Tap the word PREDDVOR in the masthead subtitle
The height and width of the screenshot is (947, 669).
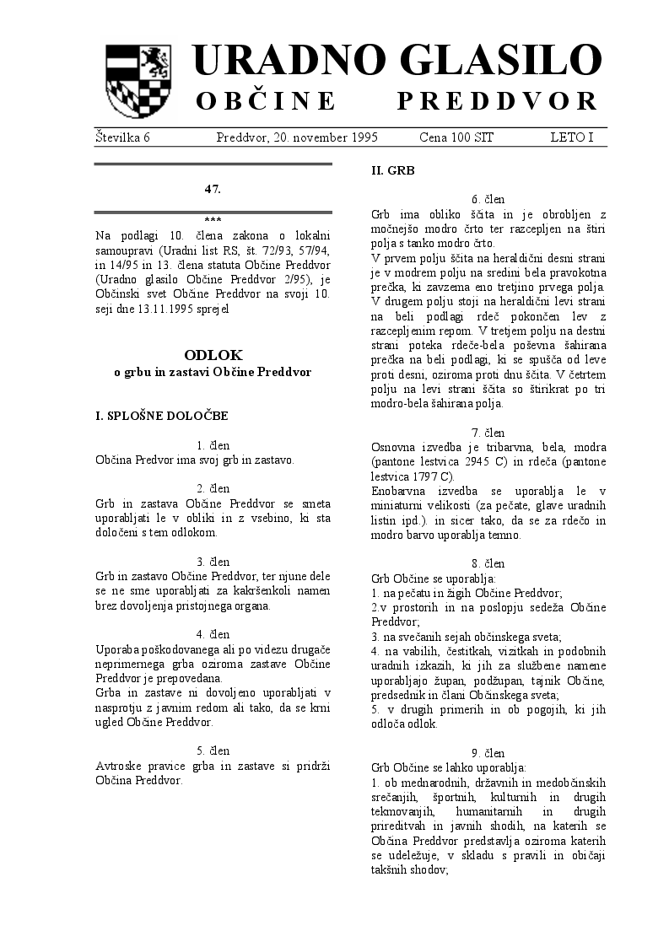(497, 102)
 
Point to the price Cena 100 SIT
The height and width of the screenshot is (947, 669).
(456, 137)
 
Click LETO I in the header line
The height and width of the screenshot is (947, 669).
(571, 137)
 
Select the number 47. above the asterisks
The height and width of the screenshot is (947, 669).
(213, 189)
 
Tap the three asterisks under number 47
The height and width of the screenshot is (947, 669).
(213, 219)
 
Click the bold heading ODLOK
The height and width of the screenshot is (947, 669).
(213, 355)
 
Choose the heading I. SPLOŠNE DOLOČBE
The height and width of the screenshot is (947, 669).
(161, 415)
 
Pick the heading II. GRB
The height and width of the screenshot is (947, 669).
(393, 169)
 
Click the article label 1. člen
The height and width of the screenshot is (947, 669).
(213, 444)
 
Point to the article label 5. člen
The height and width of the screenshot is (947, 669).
(213, 750)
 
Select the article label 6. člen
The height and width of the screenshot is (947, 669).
(488, 199)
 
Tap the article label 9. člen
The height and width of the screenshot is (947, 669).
(488, 752)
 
